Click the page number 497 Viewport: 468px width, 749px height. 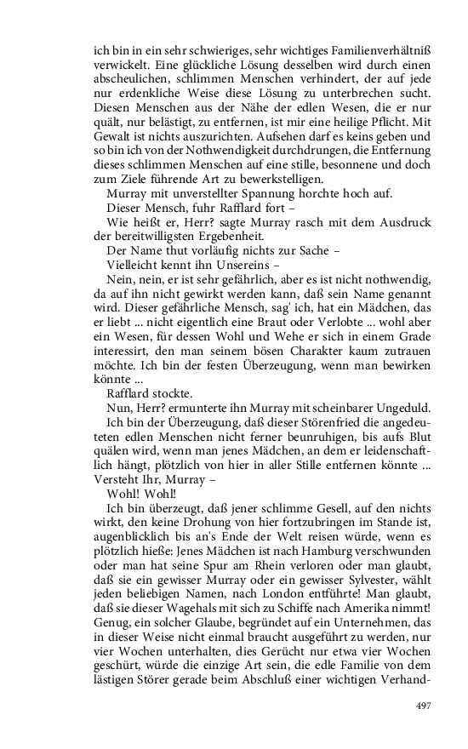click(424, 705)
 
